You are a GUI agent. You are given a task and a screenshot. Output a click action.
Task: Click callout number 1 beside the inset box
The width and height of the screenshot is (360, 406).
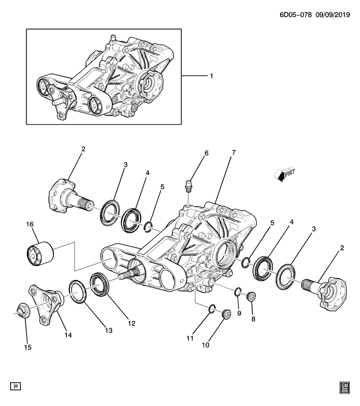211,76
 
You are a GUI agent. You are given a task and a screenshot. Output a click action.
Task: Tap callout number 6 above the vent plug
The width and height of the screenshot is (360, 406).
206,154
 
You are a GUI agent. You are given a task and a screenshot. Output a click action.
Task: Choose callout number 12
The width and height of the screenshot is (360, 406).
132,323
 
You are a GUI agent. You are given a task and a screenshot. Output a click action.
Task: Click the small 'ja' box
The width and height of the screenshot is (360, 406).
16,385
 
